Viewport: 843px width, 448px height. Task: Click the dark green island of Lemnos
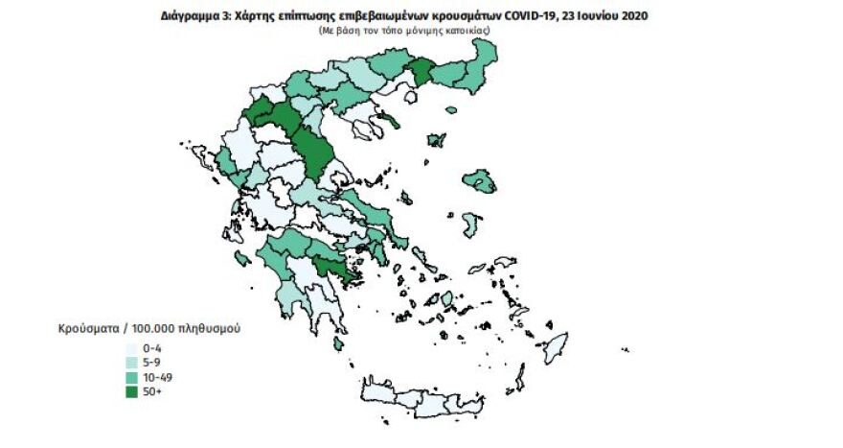[x=436, y=141]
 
